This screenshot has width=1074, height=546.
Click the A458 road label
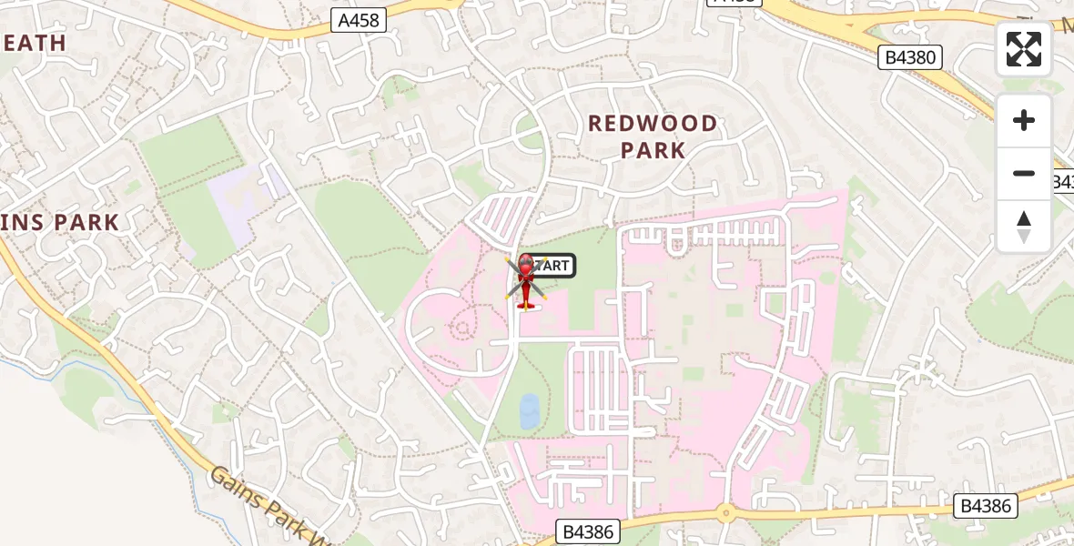pyautogui.click(x=358, y=20)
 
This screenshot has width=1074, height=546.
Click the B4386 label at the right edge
pyautogui.click(x=987, y=506)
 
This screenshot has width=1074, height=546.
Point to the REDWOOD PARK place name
pyautogui.click(x=653, y=136)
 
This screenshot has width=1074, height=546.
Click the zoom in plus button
pyautogui.click(x=1024, y=120)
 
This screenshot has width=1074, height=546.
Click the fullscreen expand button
pyautogui.click(x=1024, y=49)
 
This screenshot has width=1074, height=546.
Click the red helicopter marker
pyautogui.click(x=525, y=280)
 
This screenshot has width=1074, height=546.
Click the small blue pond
pyautogui.click(x=528, y=410)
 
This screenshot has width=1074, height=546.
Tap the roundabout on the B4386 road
pyautogui.click(x=724, y=512)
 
